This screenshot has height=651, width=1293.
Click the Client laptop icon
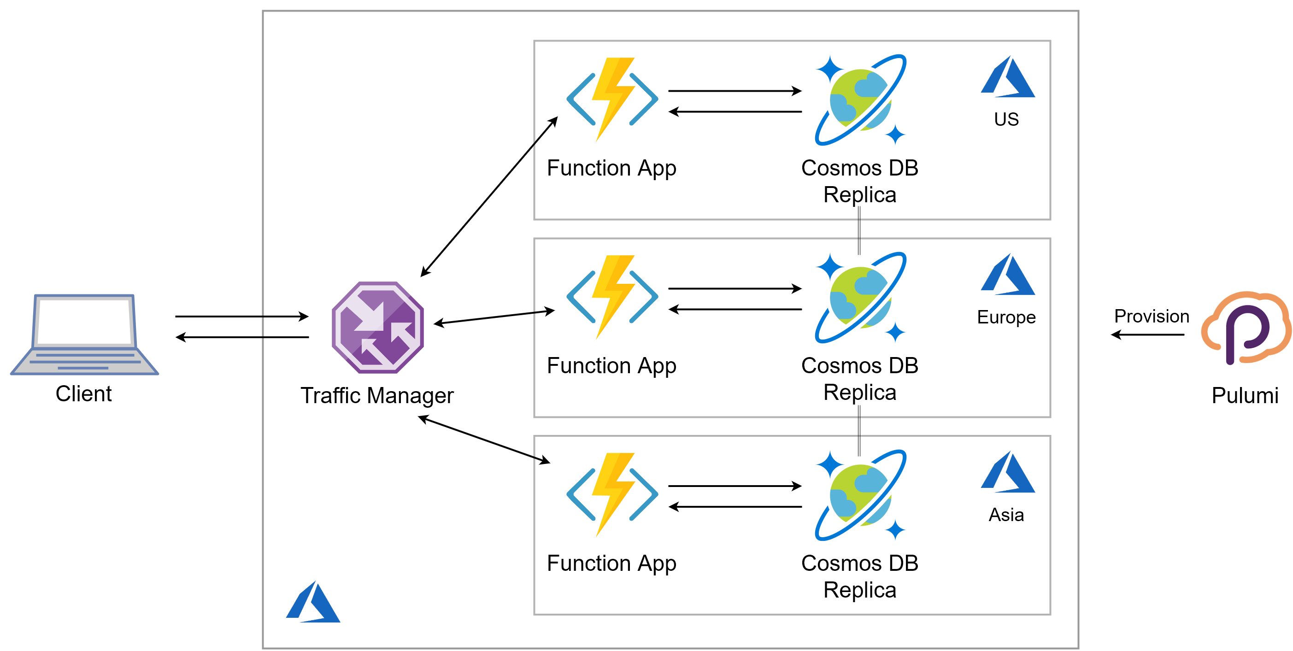(84, 334)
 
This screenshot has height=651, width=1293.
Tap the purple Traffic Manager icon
(377, 327)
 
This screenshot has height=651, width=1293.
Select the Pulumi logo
(1246, 327)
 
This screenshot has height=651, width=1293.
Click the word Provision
(1152, 316)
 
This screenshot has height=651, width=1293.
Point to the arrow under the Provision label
(1147, 334)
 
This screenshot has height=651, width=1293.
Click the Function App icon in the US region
(612, 100)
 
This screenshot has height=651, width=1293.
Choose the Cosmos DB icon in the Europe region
(860, 298)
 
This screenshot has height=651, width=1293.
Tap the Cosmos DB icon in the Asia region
(860, 495)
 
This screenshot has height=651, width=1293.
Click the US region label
(1006, 119)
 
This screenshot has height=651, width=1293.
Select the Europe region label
(1006, 317)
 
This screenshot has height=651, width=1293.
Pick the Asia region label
(1006, 515)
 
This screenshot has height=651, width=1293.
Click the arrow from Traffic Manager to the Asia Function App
(484, 440)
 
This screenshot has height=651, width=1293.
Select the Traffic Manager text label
(377, 395)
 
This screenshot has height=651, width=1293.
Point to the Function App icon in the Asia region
(612, 495)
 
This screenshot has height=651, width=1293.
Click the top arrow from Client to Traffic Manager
(241, 316)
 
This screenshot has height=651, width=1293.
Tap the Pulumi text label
(1245, 395)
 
